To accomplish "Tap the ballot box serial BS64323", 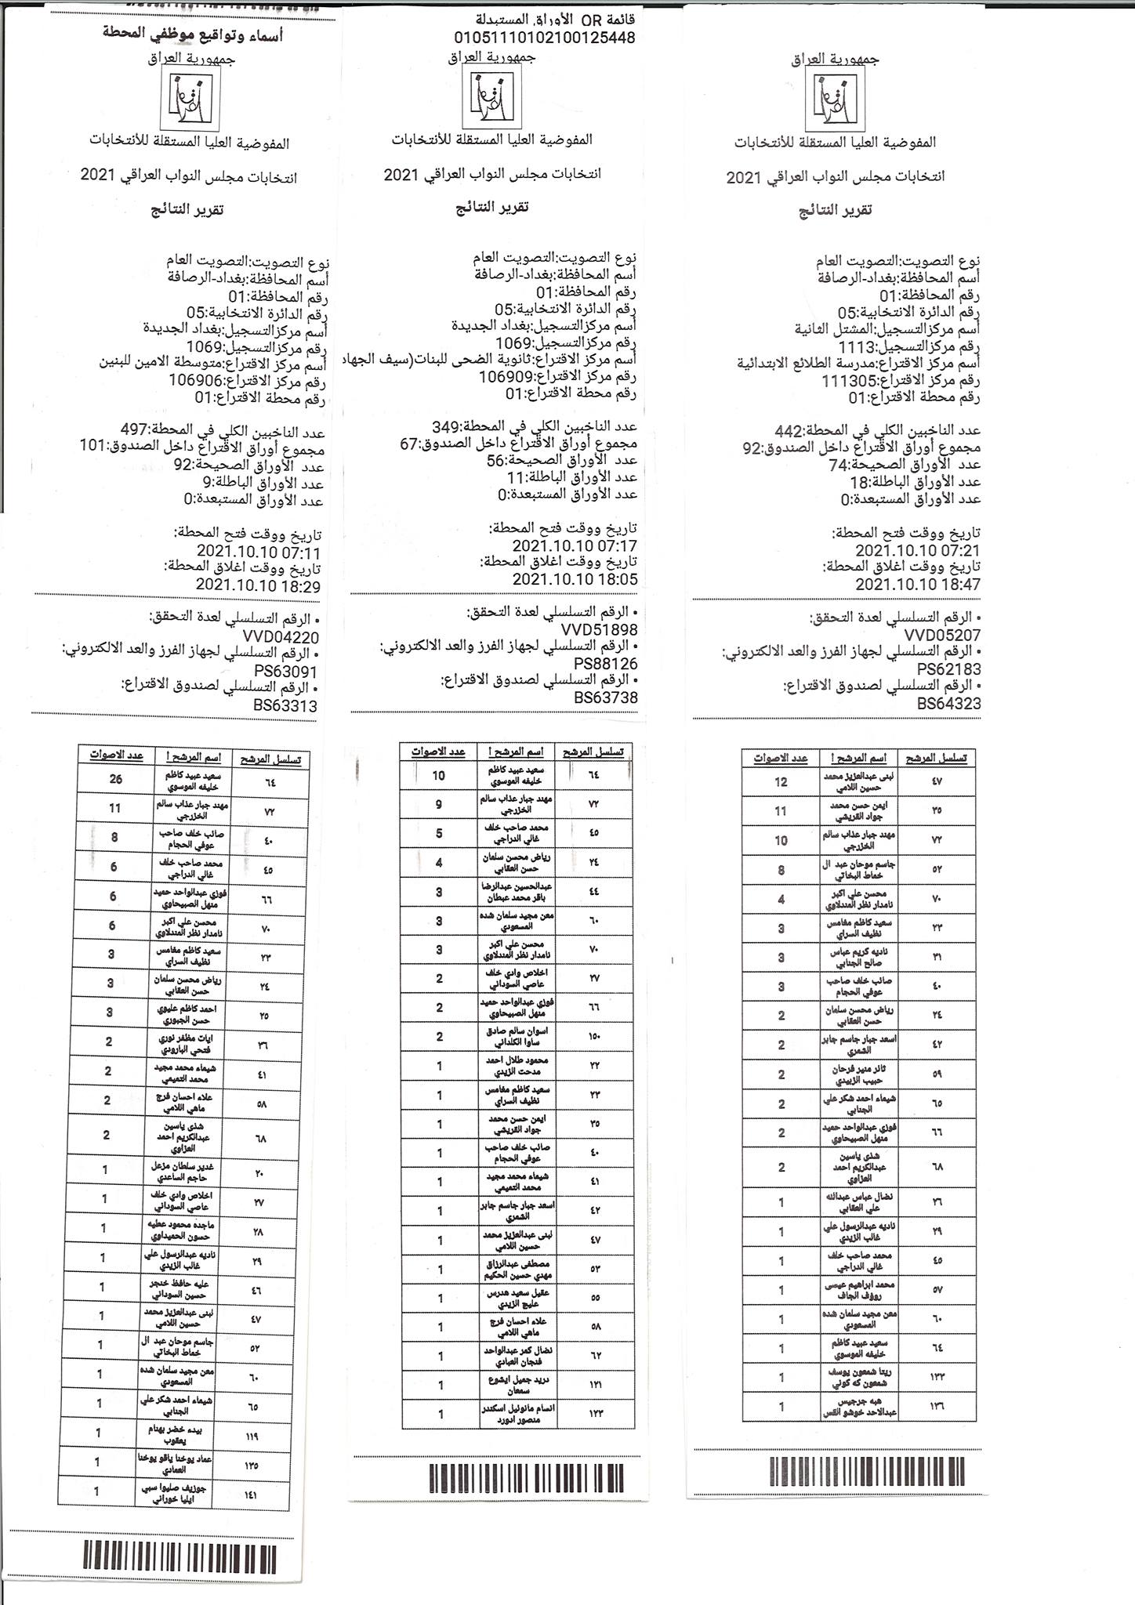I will (948, 704).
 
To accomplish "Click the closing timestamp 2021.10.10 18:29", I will (258, 585).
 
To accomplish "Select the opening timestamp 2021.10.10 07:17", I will (575, 545).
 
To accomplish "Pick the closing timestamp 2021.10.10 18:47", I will (917, 585).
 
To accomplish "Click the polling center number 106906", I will (197, 380).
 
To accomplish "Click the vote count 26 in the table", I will (116, 781).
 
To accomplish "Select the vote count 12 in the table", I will (780, 782).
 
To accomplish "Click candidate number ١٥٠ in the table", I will (593, 1036).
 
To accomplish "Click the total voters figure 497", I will (135, 429).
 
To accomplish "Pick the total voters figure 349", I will (446, 427).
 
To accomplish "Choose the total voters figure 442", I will (789, 431).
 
